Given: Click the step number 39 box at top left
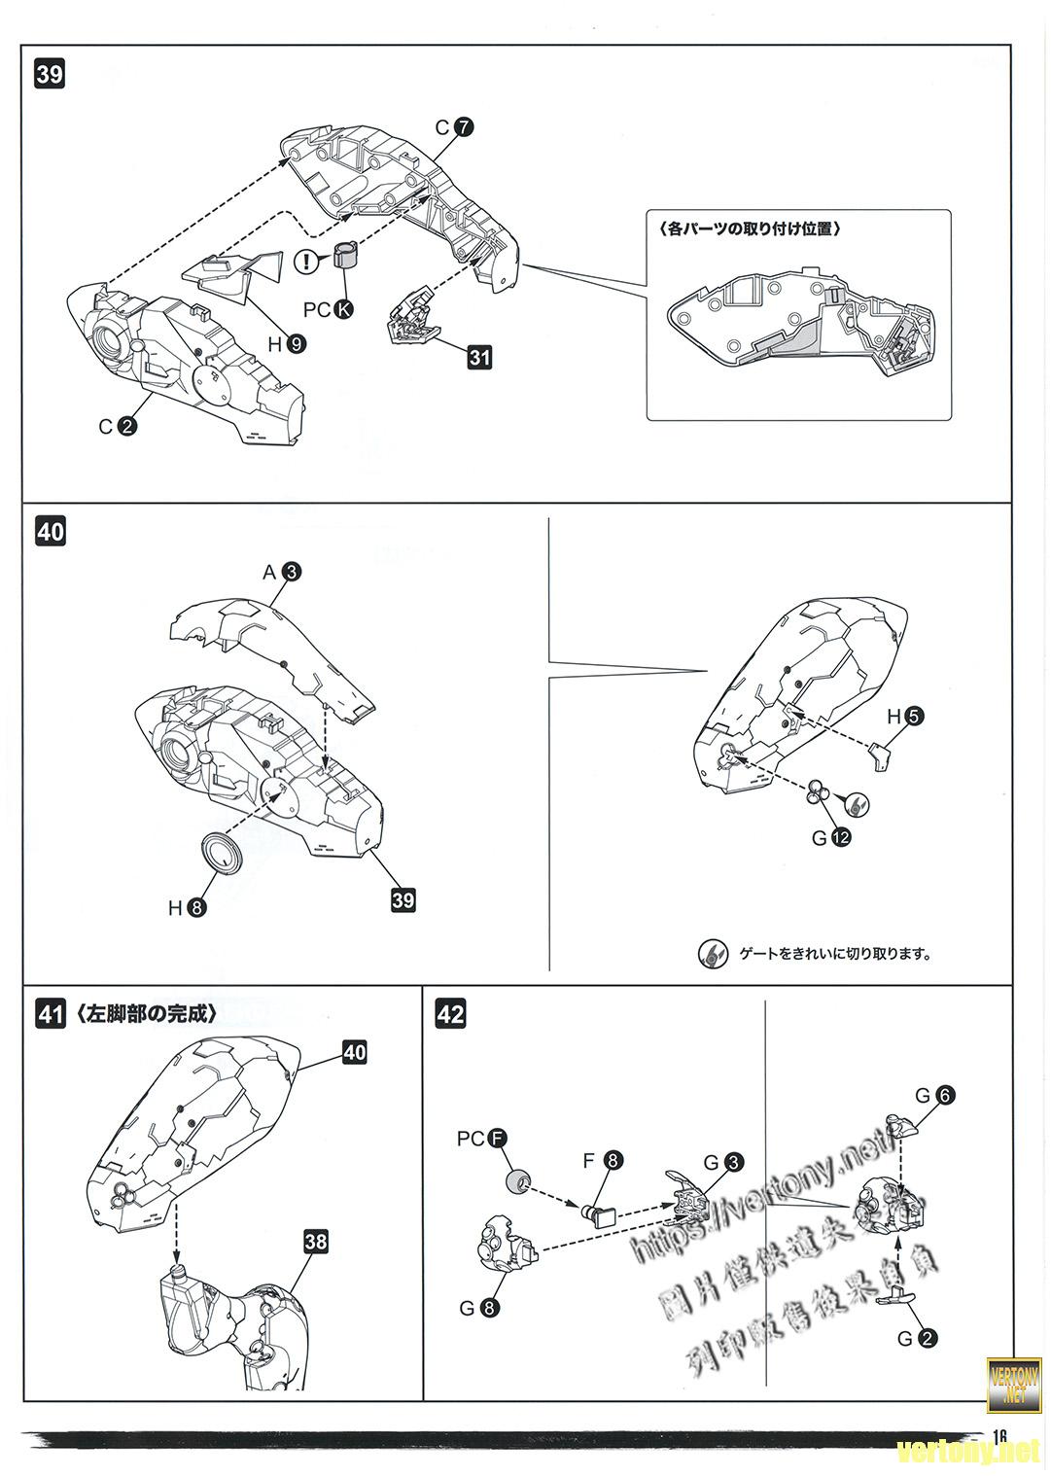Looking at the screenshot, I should [50, 75].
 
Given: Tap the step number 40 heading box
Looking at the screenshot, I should [50, 532].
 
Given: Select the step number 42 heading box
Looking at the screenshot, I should [450, 1015].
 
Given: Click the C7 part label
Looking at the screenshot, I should [453, 127].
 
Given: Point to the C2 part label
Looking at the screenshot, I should [118, 425].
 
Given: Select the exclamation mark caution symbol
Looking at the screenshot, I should [307, 260].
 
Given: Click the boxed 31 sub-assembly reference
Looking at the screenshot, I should [479, 357].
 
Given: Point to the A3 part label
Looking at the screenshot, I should [282, 573].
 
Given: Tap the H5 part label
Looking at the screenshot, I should [904, 717].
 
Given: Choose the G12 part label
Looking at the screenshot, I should [831, 836].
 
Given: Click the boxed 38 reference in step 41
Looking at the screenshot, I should [315, 1242].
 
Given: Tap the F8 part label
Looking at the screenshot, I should [603, 1160].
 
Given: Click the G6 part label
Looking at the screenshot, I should [934, 1095].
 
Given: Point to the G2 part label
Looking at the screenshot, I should [917, 1338].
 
